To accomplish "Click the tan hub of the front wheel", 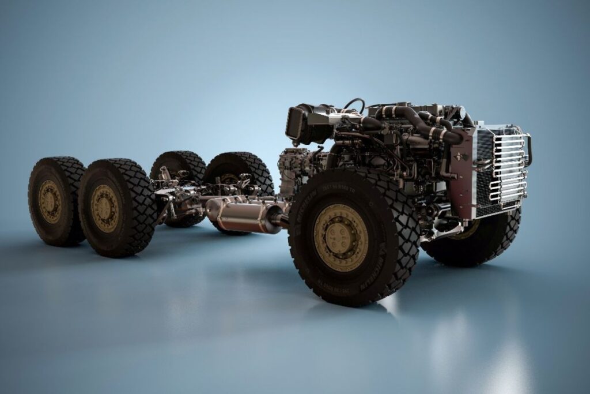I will pos(341,237).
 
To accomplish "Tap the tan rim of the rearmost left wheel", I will pos(50,201).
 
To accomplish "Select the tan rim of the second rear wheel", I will pos(105,208).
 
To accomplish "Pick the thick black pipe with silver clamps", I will pos(426,124).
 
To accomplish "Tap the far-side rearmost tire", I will pos(179,164).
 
